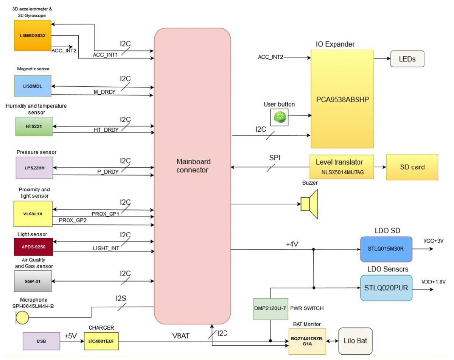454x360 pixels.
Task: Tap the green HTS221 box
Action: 34,126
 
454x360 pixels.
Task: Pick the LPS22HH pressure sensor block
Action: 34,167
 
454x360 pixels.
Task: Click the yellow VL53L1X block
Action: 34,213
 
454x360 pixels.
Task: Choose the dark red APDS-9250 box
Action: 34,246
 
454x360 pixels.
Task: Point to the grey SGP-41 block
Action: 34,282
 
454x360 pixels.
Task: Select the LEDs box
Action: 407,59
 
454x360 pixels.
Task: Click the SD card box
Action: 412,167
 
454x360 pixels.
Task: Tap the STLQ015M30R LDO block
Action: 386,249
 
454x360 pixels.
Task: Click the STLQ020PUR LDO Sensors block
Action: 386,288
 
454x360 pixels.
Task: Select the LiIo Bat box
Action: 354,341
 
